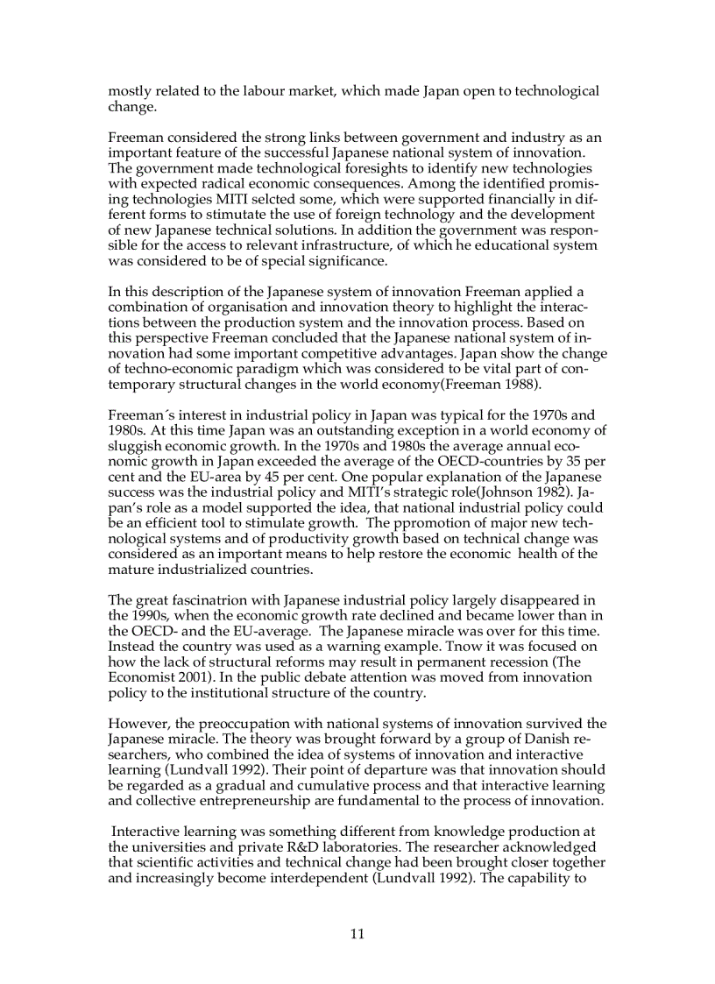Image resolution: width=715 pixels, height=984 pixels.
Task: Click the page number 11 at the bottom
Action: tap(357, 933)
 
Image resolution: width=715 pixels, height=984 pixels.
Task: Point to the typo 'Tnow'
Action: tap(445, 648)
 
